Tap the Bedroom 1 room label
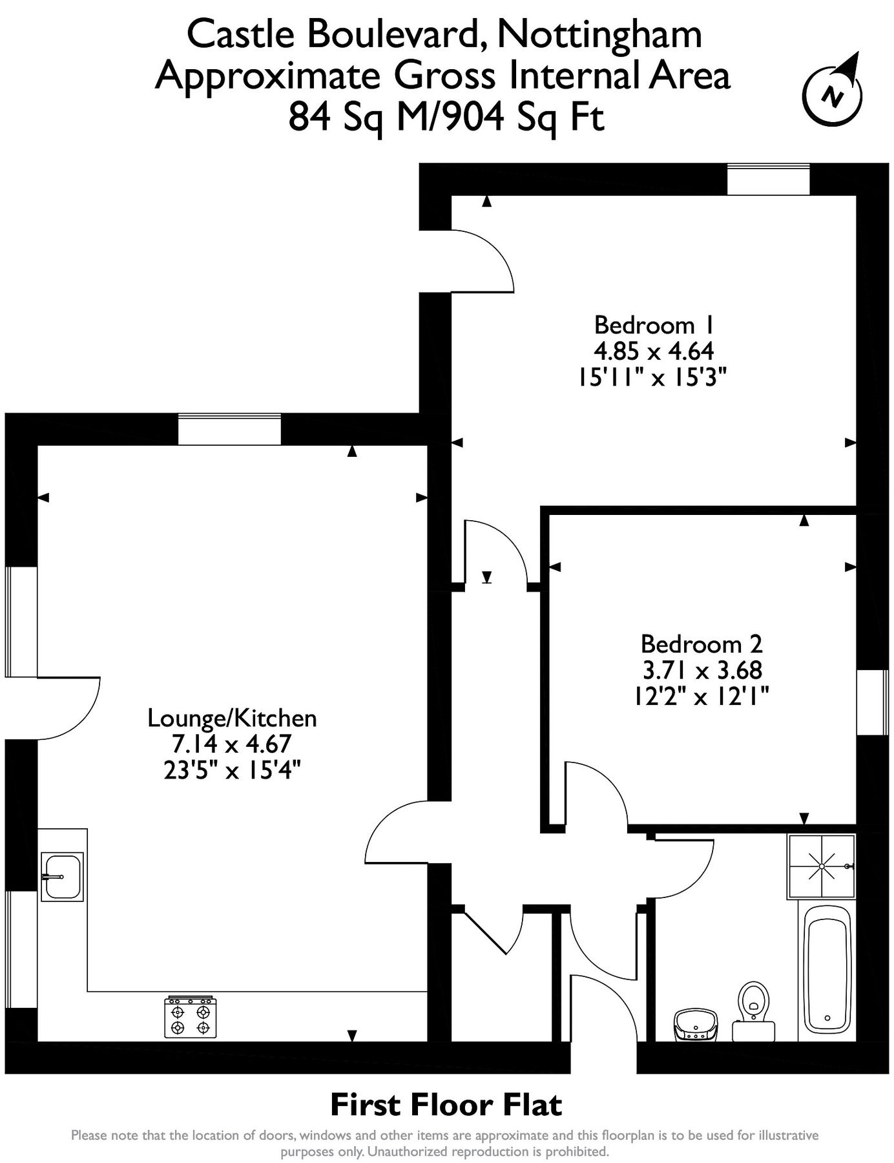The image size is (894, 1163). point(653,324)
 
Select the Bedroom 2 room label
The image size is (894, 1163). point(701,644)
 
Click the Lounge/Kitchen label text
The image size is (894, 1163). point(232,718)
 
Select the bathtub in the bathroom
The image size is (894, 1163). point(827,969)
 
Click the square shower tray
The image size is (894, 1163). point(821,866)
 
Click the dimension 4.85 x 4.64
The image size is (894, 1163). point(653,351)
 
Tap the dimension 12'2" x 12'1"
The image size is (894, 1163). point(701,697)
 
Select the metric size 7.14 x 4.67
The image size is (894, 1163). point(232,744)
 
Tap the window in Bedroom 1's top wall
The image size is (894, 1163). point(768,179)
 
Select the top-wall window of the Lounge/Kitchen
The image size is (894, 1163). point(229,430)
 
